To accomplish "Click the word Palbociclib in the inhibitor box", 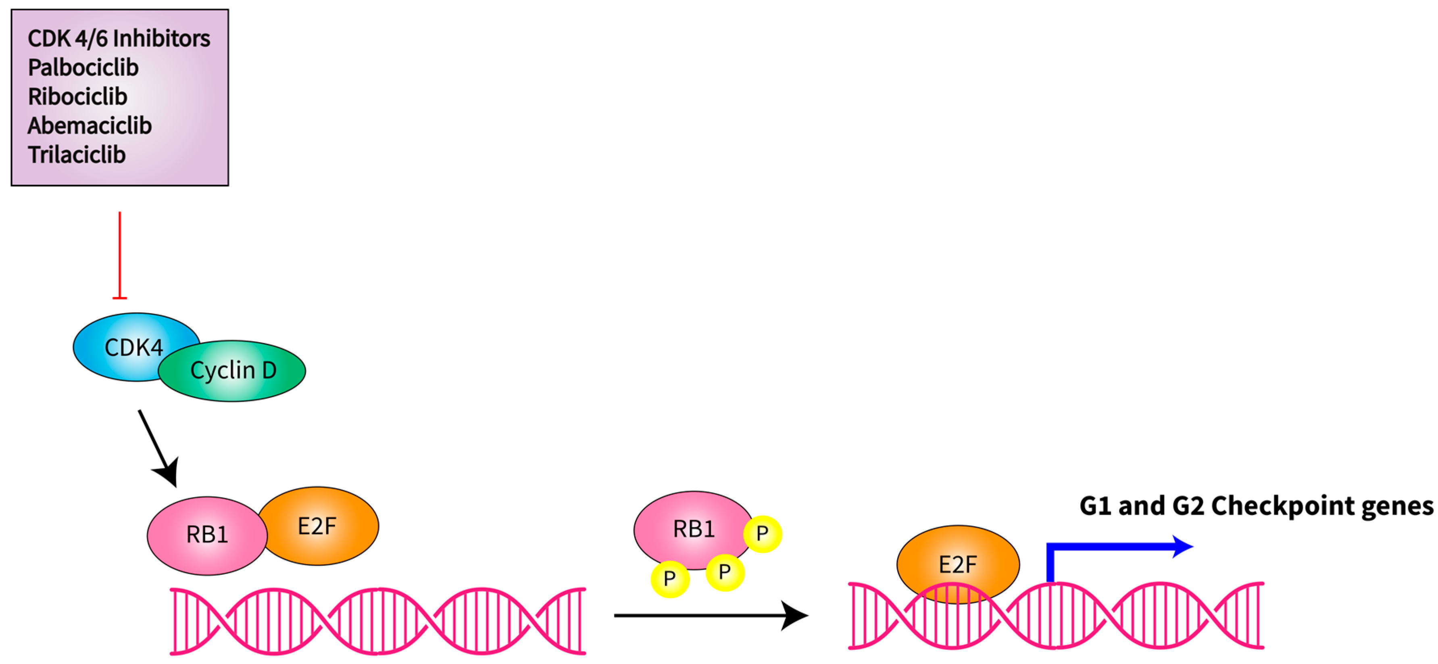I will click(83, 68).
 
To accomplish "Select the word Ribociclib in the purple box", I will click(77, 96).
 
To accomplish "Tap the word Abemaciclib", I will click(89, 125).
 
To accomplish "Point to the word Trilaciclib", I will click(77, 155).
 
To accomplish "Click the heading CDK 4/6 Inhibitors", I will click(119, 39).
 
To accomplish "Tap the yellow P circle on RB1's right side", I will click(763, 533).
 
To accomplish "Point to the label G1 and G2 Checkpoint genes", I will click(1256, 506).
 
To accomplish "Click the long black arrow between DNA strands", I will click(709, 616).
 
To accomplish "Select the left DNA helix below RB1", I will click(377, 620).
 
